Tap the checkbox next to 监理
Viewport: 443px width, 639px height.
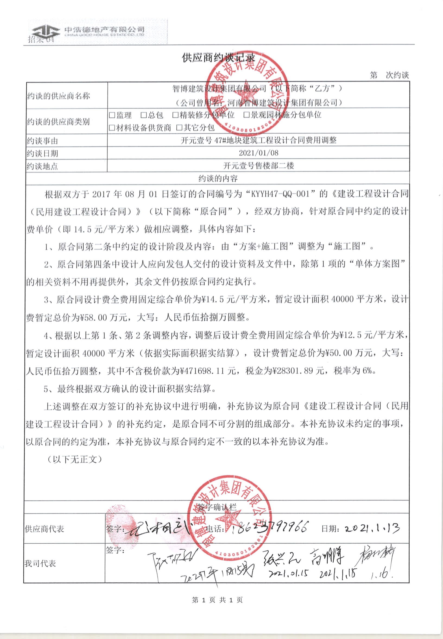[112, 115]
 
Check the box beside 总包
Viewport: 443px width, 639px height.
[144, 115]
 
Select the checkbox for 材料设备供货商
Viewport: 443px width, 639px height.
[112, 128]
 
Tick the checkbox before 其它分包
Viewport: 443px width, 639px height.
[179, 128]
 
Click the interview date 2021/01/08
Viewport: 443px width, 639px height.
[258, 153]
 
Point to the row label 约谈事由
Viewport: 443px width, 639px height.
[42, 141]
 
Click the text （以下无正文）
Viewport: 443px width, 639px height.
[74, 459]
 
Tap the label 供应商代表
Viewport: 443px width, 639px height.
[44, 529]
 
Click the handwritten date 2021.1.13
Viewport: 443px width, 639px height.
[372, 528]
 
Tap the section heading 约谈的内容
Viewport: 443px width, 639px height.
[218, 178]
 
